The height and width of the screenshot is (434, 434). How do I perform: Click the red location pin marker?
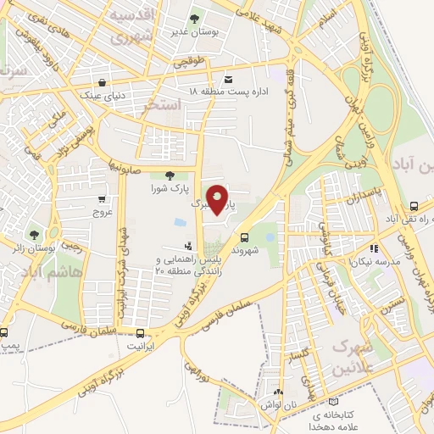(219, 198)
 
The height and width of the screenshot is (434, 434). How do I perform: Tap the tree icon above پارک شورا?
(170, 175)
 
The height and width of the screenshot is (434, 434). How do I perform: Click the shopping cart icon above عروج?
(103, 199)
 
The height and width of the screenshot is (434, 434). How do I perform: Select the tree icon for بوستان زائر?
(34, 235)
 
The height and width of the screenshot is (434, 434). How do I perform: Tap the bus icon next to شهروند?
(245, 237)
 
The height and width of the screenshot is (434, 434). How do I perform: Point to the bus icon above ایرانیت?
(140, 333)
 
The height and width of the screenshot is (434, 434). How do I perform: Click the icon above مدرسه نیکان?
(374, 249)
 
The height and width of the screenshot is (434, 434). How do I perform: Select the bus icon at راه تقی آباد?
(415, 206)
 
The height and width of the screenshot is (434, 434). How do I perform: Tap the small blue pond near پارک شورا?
(180, 222)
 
